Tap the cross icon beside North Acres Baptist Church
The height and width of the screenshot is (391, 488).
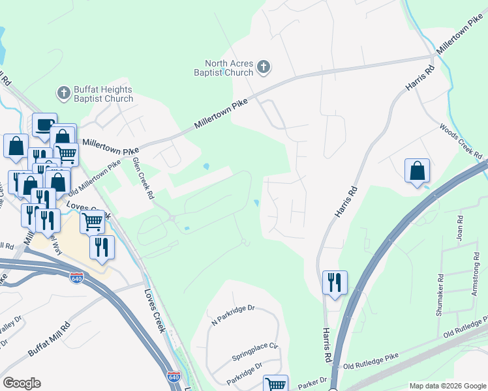point(264,66)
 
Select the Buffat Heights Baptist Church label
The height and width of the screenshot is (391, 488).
point(104,94)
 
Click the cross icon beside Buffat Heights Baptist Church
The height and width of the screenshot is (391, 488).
point(64,93)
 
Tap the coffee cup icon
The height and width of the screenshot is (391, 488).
point(44,124)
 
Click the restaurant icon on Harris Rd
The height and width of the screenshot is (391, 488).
point(335,282)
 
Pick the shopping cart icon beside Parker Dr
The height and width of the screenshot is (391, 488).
point(275,384)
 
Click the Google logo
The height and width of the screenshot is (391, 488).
point(22,383)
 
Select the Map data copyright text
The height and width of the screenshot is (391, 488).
point(448,386)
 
